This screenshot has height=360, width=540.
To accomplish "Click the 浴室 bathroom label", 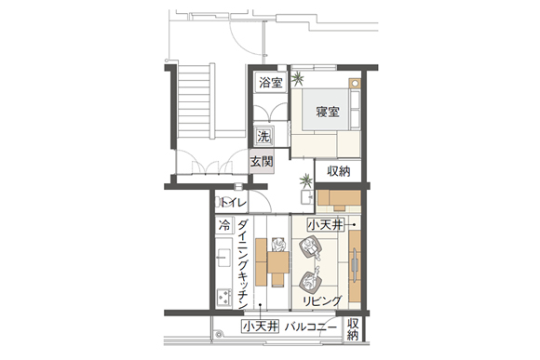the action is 271,83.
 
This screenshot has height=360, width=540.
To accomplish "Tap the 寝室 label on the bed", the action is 328,112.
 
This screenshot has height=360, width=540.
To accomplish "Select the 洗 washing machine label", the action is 263,137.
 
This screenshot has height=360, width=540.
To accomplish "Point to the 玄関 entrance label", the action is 262,162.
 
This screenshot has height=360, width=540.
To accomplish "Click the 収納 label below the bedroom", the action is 339,171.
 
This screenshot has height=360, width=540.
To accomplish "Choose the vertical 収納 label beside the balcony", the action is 352,329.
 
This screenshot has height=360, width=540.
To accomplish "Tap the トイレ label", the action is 234,203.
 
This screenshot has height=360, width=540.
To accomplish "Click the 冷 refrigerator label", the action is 224,226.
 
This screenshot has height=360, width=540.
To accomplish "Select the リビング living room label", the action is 322,301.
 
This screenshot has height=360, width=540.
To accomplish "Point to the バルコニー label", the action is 310,327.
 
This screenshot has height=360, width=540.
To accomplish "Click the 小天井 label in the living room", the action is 326,225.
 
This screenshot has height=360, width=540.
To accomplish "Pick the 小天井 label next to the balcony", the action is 260,327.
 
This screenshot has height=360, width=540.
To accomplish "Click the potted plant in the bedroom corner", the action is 297,78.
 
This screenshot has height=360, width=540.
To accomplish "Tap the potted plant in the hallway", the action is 305,180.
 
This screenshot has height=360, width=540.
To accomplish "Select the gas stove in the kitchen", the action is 223,298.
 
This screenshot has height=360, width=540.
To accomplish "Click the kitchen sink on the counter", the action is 223,258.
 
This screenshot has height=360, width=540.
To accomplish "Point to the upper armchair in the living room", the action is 310,247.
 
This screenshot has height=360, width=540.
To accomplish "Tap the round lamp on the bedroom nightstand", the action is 355,84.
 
